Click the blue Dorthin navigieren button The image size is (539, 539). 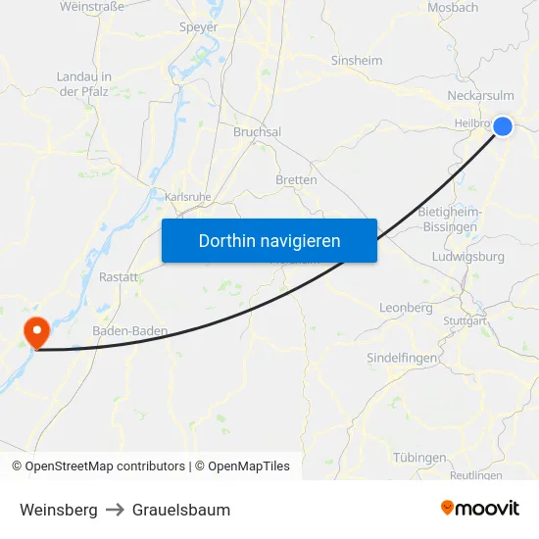(269, 240)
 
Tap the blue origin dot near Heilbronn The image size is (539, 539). (503, 125)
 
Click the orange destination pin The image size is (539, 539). (37, 329)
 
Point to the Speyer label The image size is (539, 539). (198, 27)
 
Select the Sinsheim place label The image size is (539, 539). (357, 60)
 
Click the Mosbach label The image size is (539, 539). (453, 8)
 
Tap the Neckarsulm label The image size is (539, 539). (480, 96)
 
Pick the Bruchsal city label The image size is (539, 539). (257, 131)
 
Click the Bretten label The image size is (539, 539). (296, 180)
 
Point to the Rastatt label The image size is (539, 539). (118, 277)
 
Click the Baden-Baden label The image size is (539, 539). (129, 331)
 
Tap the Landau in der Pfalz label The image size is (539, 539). (83, 83)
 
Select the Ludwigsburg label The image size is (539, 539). (467, 257)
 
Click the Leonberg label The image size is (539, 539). (406, 308)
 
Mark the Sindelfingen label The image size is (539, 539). (402, 358)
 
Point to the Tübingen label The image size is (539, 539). (419, 458)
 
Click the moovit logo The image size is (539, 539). (480, 509)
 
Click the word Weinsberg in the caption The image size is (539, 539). (59, 510)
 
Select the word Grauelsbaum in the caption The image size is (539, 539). (181, 510)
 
